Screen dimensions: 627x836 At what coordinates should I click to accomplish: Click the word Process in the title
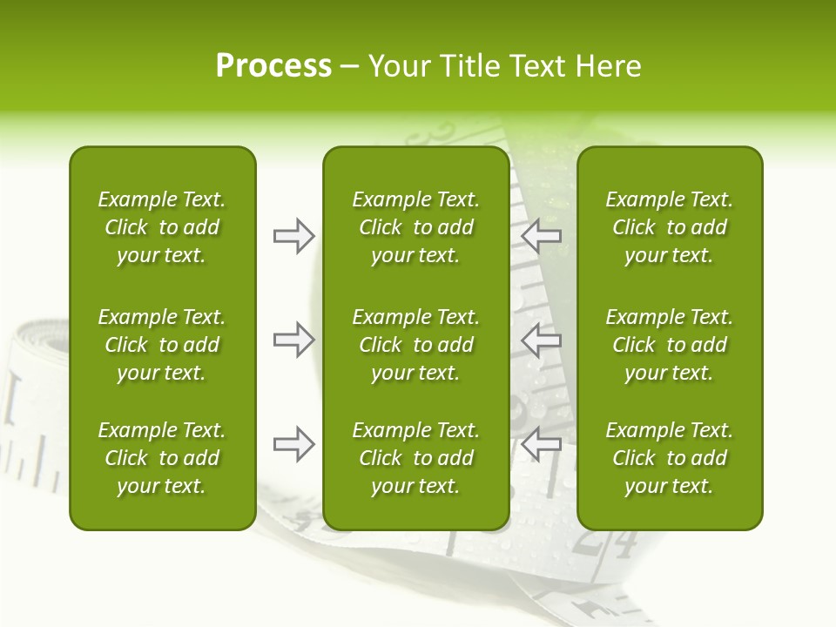[273, 66]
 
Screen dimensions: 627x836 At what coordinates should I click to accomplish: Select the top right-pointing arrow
[293, 235]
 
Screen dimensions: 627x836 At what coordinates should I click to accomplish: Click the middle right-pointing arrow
[293, 340]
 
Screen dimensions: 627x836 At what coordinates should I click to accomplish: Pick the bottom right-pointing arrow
[293, 444]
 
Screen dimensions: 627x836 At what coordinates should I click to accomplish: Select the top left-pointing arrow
[541, 235]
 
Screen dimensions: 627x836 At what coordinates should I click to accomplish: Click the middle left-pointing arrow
[541, 340]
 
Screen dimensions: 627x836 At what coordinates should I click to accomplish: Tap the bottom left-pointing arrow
[541, 444]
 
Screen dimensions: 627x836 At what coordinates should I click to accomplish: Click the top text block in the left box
[162, 227]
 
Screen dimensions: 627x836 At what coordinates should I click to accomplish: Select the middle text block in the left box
[162, 345]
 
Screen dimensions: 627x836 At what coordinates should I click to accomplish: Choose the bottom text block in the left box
[162, 458]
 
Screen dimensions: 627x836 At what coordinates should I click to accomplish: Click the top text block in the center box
[415, 227]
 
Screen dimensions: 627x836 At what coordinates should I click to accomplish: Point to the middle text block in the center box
[415, 345]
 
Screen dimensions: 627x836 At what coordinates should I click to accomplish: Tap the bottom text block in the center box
[415, 458]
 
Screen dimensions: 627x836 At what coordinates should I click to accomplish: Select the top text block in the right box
[669, 227]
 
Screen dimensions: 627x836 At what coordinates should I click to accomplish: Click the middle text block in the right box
[669, 345]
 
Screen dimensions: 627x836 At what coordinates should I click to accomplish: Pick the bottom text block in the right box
[669, 458]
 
